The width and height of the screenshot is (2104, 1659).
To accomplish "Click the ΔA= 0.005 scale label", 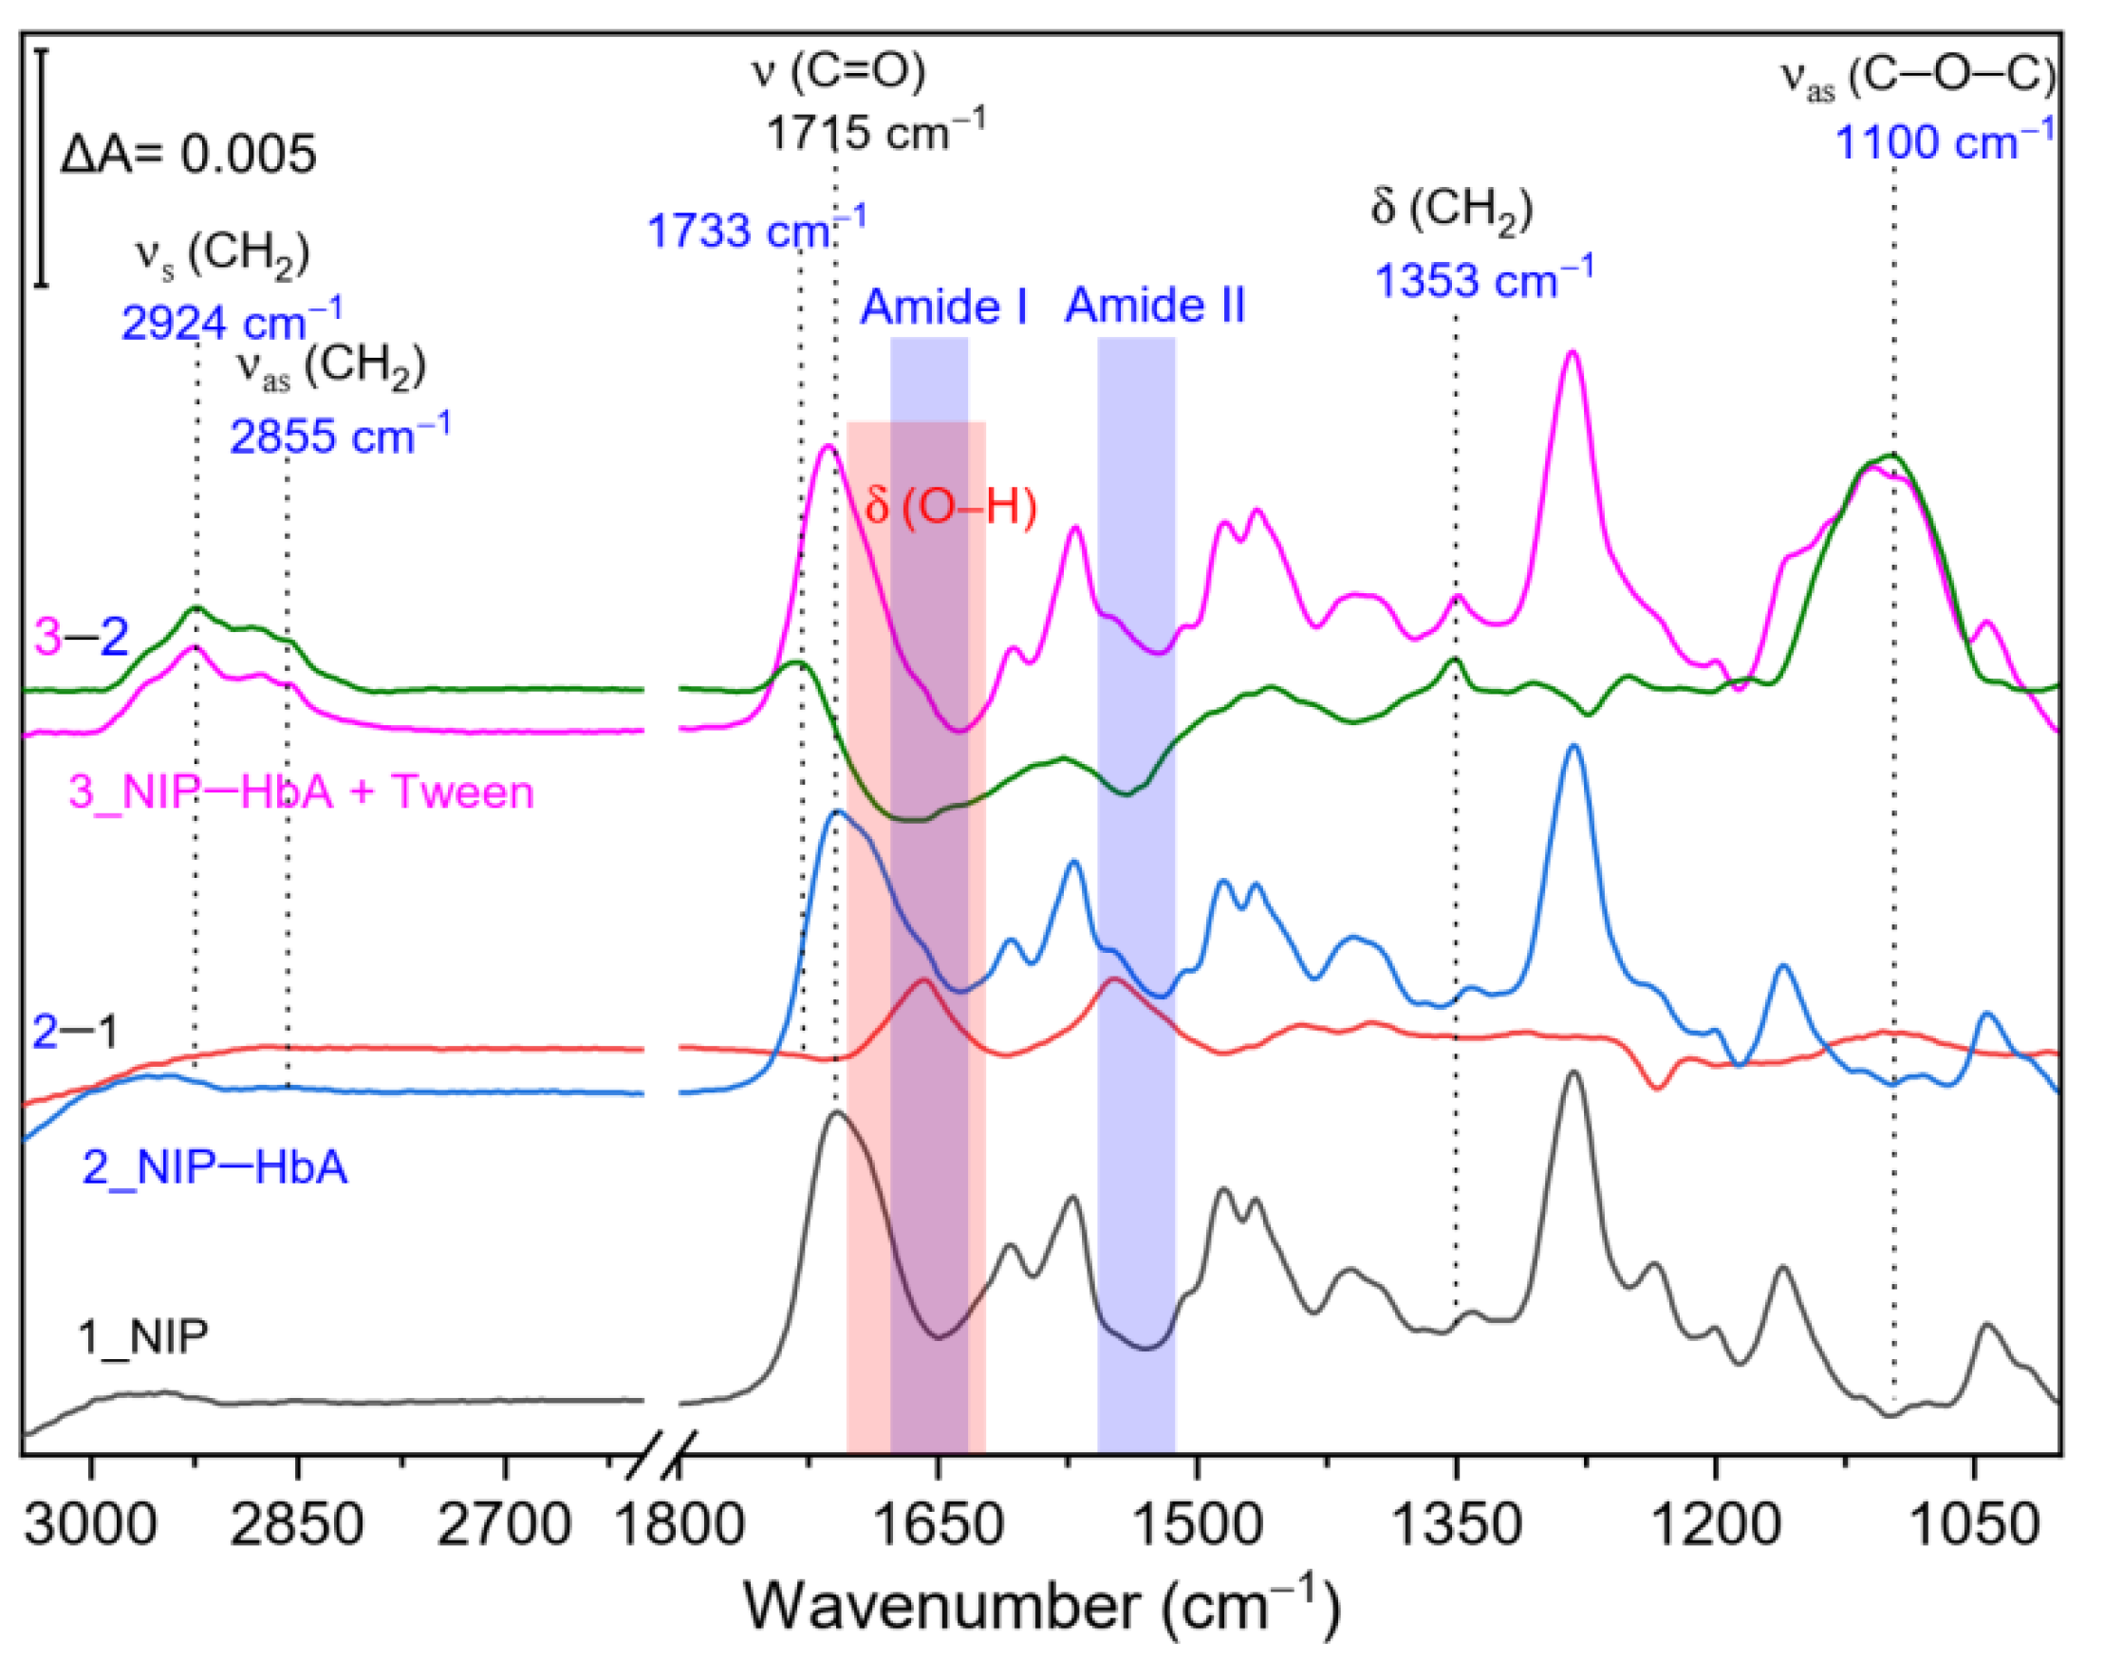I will (x=189, y=155).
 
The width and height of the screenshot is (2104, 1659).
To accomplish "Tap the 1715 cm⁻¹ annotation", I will (x=873, y=130).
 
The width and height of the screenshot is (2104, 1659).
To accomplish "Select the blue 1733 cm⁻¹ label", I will (x=754, y=230).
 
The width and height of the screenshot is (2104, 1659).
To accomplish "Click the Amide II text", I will (x=1154, y=306).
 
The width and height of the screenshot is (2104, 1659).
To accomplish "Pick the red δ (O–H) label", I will (x=950, y=506).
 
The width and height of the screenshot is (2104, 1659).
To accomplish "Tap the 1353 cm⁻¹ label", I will (x=1482, y=280).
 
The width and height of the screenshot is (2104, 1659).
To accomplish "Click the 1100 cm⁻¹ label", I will (x=1944, y=141).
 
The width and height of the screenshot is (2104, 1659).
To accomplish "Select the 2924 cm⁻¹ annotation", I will (x=231, y=322).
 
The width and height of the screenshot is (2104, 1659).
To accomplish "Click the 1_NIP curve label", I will (x=143, y=1337).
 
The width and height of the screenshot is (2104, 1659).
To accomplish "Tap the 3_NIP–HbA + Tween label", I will (x=301, y=792).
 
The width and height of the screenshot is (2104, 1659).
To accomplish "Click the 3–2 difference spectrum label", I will (x=82, y=637).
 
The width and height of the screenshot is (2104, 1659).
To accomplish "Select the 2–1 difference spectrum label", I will (x=74, y=1031).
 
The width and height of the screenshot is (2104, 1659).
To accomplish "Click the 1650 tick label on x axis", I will (x=938, y=1525).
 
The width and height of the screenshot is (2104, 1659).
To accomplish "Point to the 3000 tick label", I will (x=90, y=1525).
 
